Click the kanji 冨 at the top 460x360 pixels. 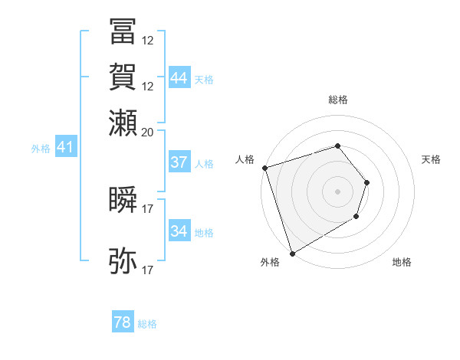pos(123,31)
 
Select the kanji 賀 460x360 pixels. pos(123,77)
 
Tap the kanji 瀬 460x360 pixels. pos(123,122)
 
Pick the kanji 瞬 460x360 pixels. pos(123,198)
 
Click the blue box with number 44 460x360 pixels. pos(179,77)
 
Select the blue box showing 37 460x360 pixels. pos(179,162)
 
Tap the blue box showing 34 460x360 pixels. pos(179,231)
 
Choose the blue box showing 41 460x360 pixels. pos(64,147)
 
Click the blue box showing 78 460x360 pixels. pos(123,322)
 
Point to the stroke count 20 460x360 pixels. pos(148,131)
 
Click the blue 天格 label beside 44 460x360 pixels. pos(204,79)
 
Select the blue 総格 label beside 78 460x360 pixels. pos(147,324)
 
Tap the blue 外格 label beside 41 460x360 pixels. pos(41,149)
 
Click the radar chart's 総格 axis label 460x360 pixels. pos(338,100)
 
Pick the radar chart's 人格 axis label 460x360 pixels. pos(245,159)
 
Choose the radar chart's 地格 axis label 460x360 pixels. pos(402,262)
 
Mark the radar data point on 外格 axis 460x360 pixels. pos(292,253)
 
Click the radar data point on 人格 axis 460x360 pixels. pos(264,168)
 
